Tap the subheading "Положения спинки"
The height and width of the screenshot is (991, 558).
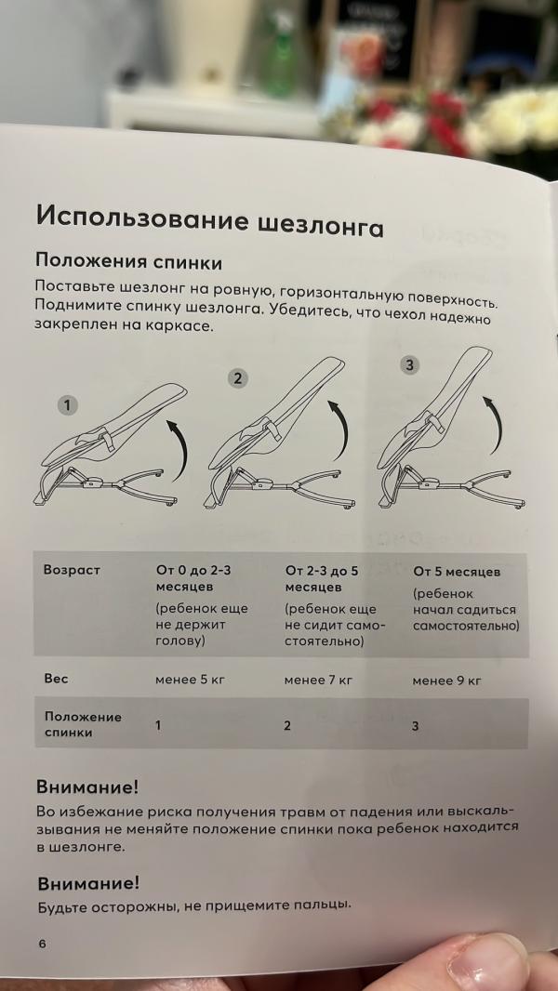[128, 262]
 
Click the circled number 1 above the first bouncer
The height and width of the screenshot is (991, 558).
[67, 405]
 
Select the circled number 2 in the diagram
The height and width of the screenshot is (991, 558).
[239, 377]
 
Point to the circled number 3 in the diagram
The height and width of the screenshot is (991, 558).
[410, 365]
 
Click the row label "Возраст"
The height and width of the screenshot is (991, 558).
[72, 569]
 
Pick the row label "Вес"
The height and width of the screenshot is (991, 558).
[56, 679]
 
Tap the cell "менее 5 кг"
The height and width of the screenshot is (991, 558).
[190, 680]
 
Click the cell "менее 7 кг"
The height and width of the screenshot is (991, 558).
[318, 680]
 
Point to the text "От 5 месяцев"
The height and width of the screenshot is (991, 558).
[457, 571]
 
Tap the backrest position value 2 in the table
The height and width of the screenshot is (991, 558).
[287, 725]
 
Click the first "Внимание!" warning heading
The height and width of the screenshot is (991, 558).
[87, 786]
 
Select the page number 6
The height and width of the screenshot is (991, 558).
[42, 944]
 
